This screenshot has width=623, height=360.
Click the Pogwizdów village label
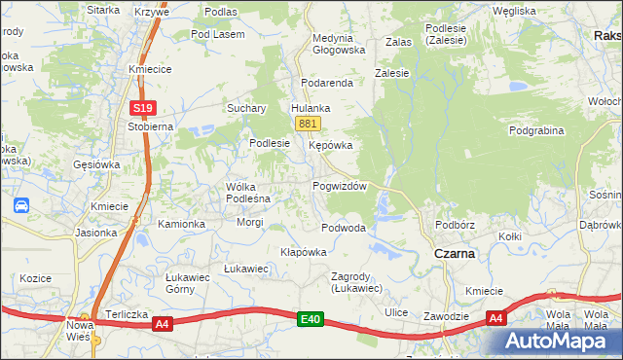tap(339, 186)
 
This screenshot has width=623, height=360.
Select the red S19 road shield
tap(142, 108)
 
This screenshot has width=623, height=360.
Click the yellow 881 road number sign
tap(308, 124)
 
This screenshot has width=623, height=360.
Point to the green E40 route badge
tap(311, 318)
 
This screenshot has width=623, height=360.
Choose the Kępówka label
tap(329, 145)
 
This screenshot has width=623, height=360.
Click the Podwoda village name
tap(344, 228)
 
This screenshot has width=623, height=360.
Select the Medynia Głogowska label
tap(339, 44)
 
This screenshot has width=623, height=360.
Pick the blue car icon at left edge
tap(20, 205)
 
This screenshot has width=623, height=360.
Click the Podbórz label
tap(455, 225)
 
